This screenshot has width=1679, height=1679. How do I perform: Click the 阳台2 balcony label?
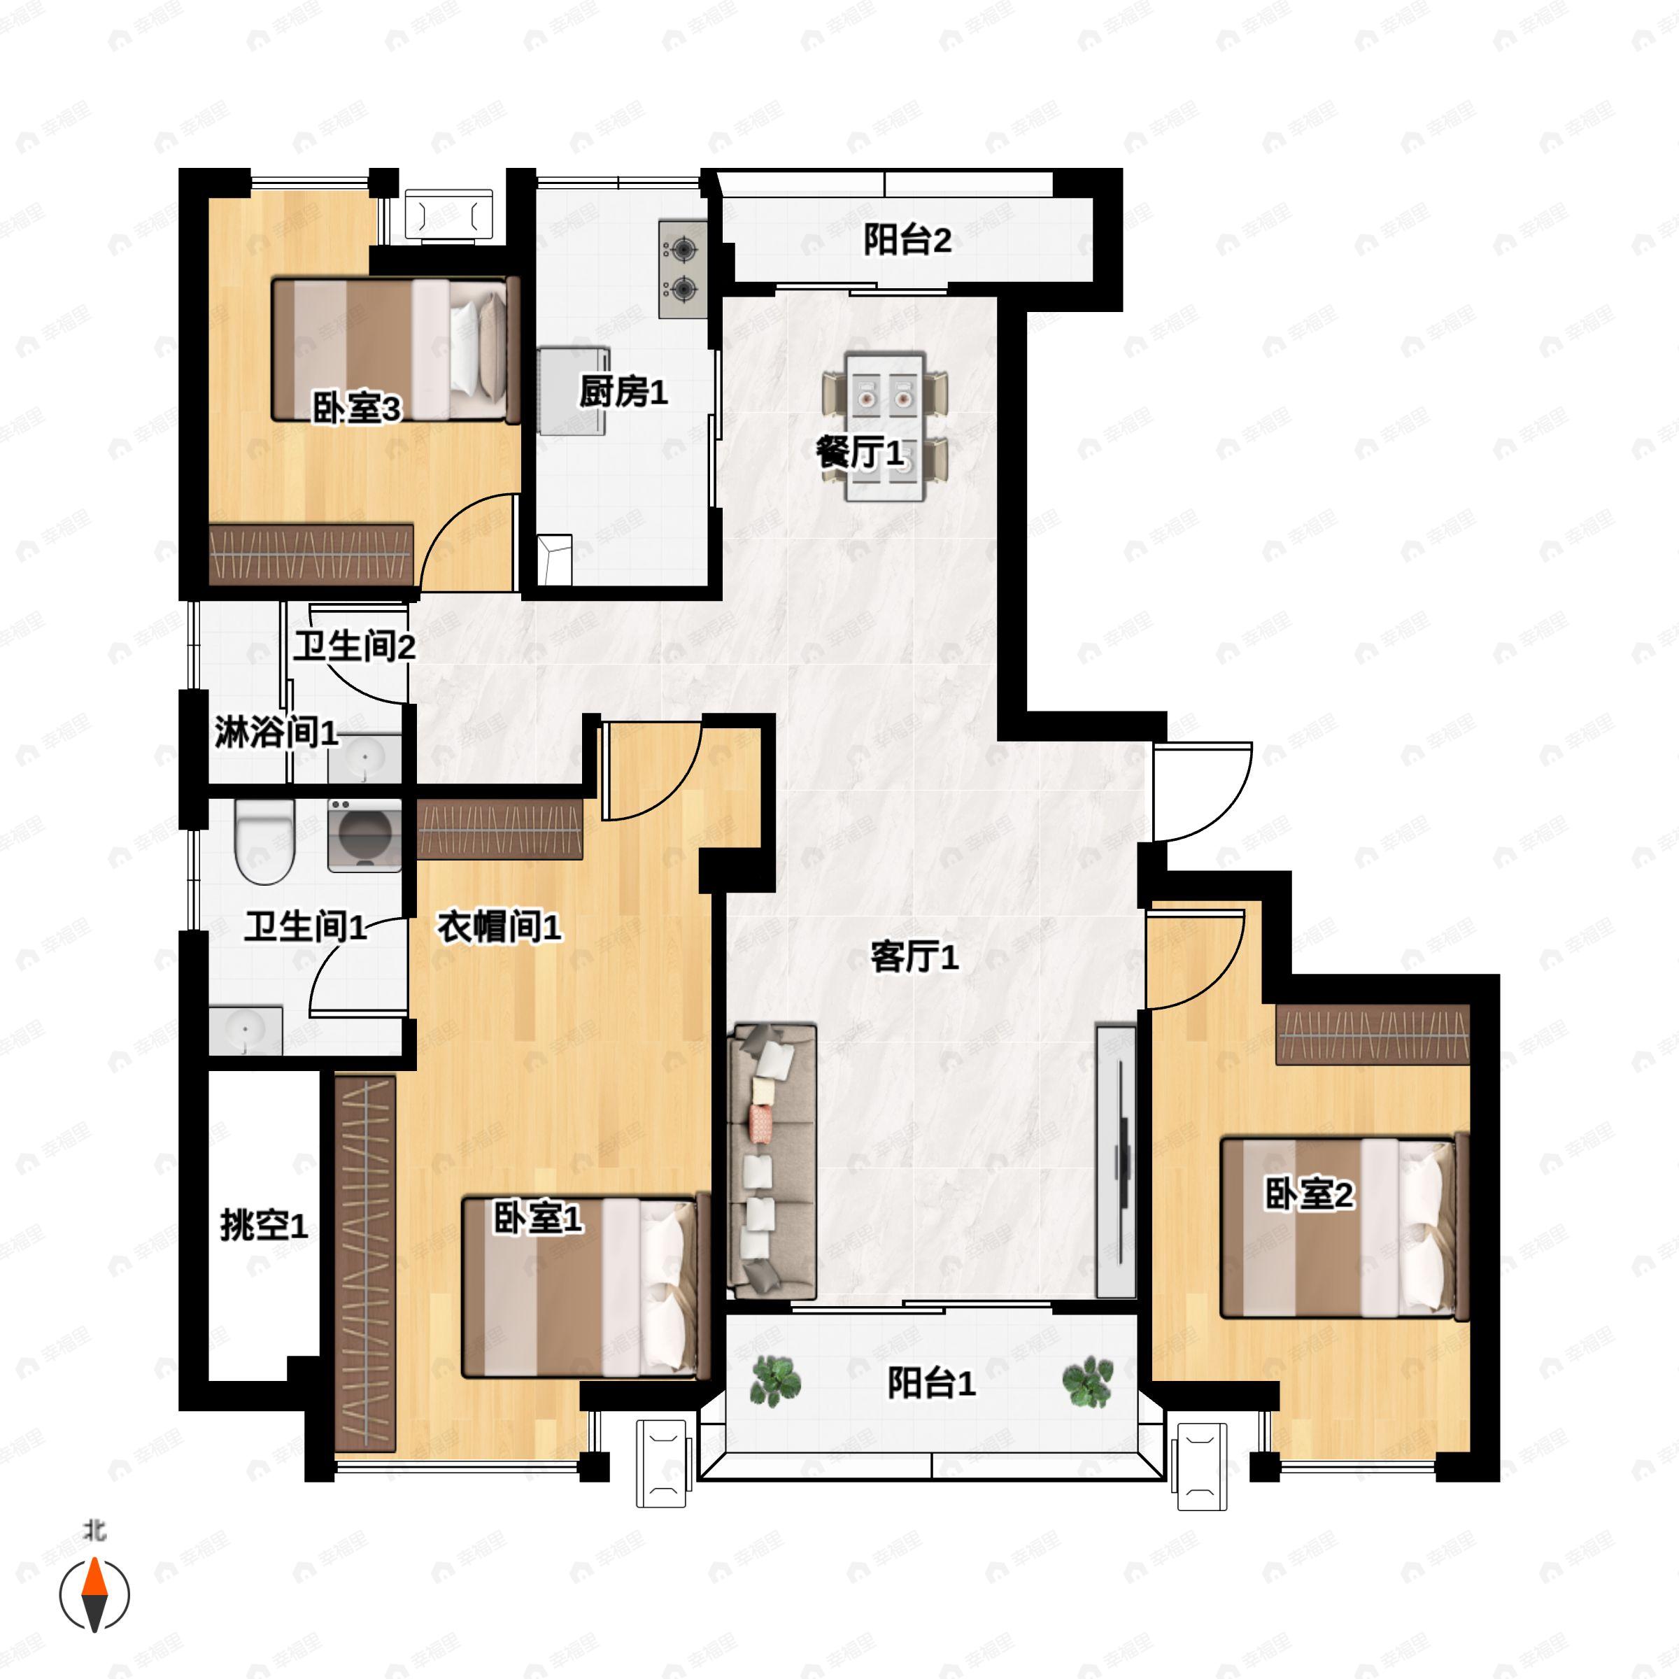pos(907,241)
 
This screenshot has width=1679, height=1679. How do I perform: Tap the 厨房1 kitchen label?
pos(623,392)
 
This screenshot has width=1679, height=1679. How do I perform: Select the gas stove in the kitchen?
pos(683,269)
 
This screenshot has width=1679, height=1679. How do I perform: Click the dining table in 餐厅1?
pos(886,426)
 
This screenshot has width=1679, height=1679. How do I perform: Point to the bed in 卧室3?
pos(396,349)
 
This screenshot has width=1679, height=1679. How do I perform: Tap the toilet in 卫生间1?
pos(265,841)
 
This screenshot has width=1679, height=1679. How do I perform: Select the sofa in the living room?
pos(772,1161)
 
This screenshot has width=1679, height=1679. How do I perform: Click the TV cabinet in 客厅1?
pos(1116,1161)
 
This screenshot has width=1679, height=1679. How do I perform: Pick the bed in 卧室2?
pos(1345,1227)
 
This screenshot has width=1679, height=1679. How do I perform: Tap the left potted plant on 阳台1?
pos(775,1381)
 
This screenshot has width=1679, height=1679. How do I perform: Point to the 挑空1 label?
pos(264,1226)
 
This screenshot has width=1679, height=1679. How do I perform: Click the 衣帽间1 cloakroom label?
pos(499,926)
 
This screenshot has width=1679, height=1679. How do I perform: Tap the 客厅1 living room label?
pos(914,957)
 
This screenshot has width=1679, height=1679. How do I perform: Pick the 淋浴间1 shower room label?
pos(276,732)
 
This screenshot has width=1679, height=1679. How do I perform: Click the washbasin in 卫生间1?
pos(246,1030)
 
